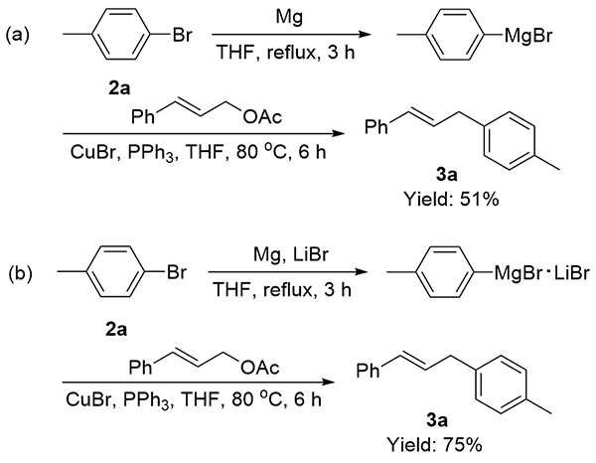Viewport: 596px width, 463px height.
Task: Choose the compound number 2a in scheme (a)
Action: [117, 85]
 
